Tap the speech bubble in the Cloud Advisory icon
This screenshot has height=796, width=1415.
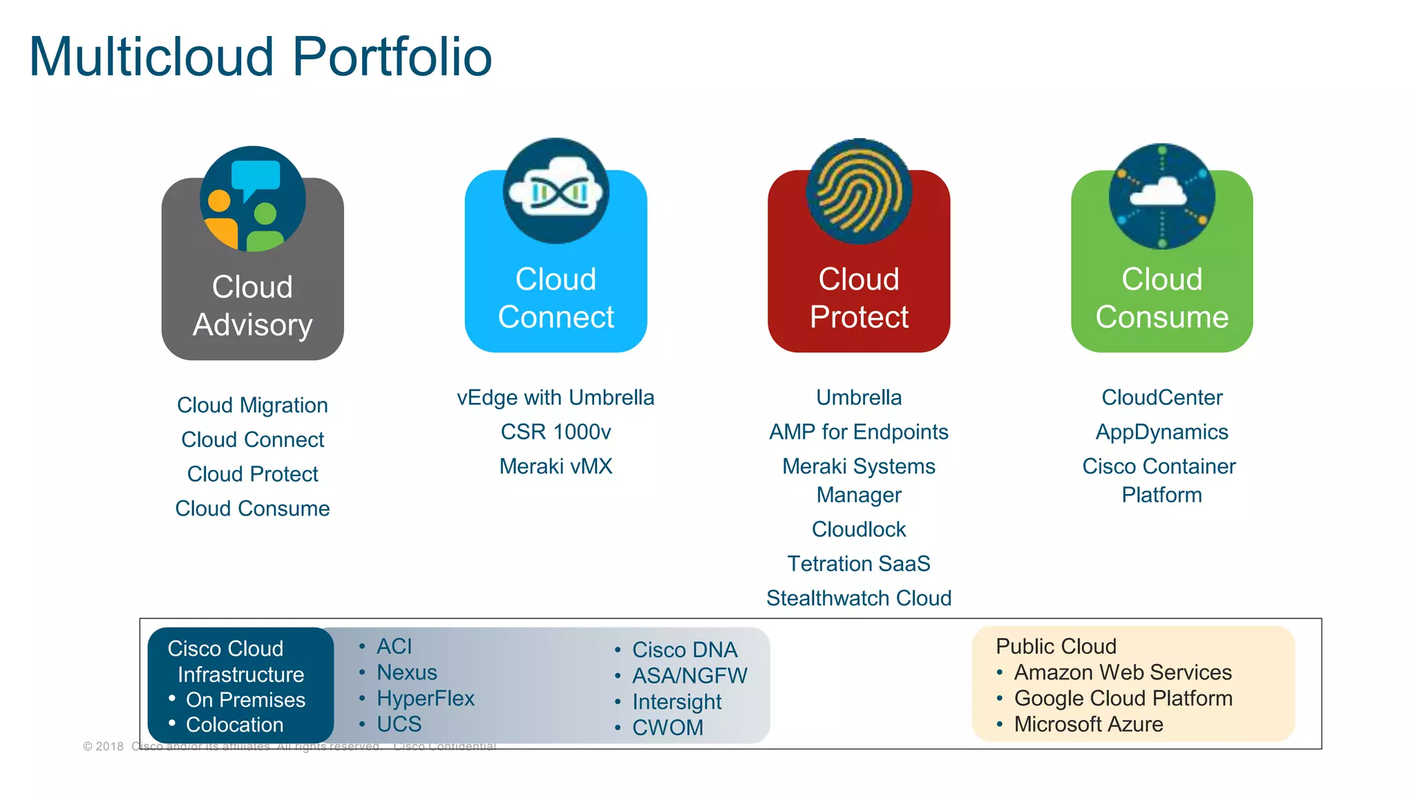pyautogui.click(x=255, y=176)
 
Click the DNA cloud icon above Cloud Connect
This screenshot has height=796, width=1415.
pyautogui.click(x=556, y=191)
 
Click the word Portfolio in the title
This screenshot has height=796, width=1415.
pyautogui.click(x=392, y=57)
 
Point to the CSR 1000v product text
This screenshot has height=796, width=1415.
pyautogui.click(x=555, y=432)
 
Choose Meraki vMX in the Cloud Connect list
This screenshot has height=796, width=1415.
pyautogui.click(x=555, y=466)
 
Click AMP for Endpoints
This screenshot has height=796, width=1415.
pyautogui.click(x=859, y=432)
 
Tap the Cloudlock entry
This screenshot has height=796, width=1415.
pyautogui.click(x=859, y=529)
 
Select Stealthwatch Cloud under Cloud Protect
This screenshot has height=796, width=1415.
pyautogui.click(x=859, y=598)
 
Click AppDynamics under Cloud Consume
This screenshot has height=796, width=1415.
pyautogui.click(x=1162, y=432)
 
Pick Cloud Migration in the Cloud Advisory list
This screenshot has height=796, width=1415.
pyautogui.click(x=252, y=405)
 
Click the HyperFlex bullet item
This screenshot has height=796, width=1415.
pyautogui.click(x=426, y=698)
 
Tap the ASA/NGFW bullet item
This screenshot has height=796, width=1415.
pyautogui.click(x=690, y=676)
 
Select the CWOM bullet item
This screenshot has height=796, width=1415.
pyautogui.click(x=667, y=728)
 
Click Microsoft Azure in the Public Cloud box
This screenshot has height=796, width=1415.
pyautogui.click(x=1088, y=724)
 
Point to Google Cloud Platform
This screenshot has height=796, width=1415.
pyautogui.click(x=1123, y=698)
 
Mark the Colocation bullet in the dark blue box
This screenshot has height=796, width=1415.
pyautogui.click(x=234, y=724)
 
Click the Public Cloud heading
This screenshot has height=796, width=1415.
pyautogui.click(x=1056, y=646)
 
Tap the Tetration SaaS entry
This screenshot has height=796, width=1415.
pyautogui.click(x=859, y=564)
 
